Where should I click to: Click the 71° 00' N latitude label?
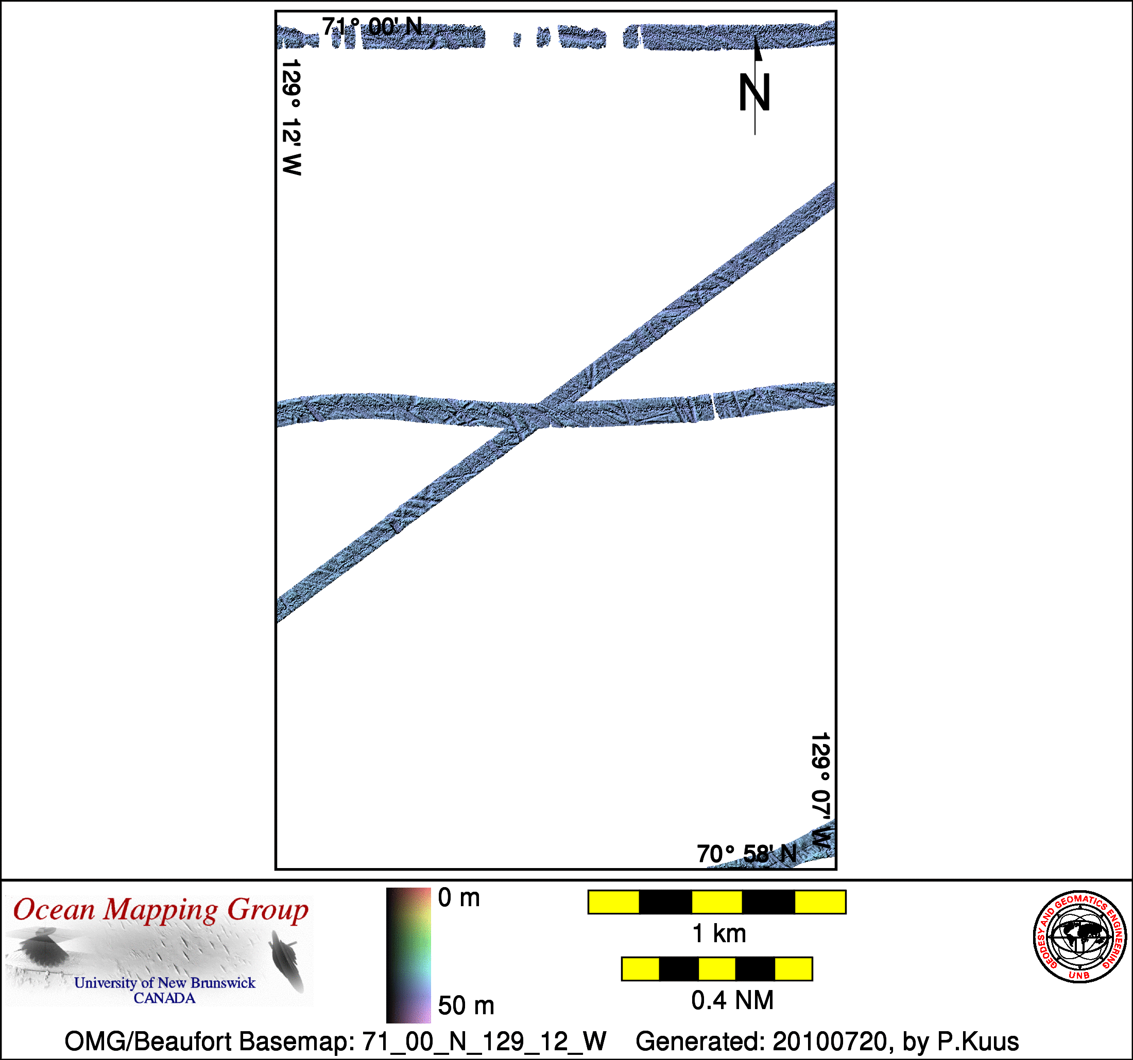(x=372, y=27)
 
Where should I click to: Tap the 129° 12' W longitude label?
(x=292, y=117)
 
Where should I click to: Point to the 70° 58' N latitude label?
(x=747, y=854)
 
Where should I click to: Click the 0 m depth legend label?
(x=459, y=898)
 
